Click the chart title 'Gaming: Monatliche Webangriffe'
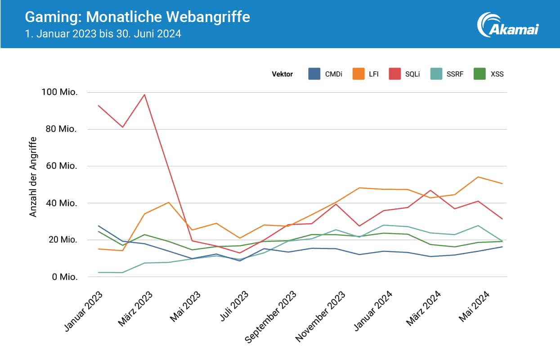(137, 17)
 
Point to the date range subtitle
(103, 34)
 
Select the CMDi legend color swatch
(314, 74)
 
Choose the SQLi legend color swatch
(394, 74)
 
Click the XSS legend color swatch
(480, 74)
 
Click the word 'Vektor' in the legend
(282, 74)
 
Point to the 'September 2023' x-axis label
(272, 317)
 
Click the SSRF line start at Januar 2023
(98, 272)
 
